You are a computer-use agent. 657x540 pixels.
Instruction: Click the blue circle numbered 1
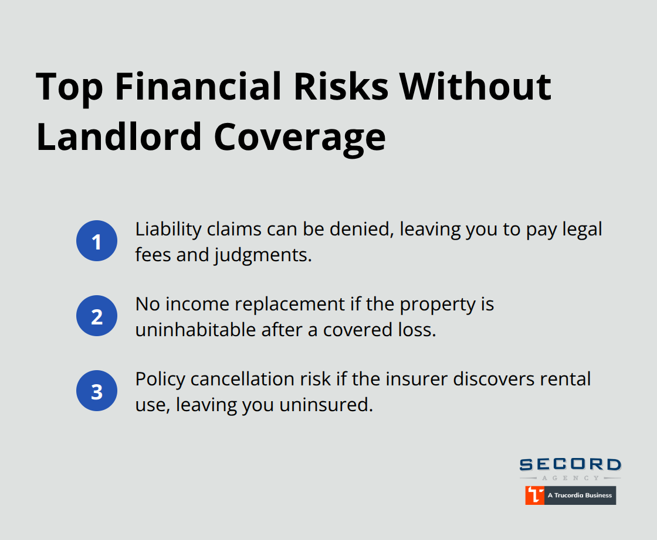coord(97,241)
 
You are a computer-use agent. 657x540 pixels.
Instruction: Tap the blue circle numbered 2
coord(97,316)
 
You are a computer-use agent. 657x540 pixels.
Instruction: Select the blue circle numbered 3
coord(97,391)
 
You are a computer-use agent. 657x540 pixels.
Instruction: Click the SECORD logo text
coord(570,465)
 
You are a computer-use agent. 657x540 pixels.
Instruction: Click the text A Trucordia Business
coord(579,495)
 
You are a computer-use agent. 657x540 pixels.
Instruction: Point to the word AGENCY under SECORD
coord(570,478)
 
